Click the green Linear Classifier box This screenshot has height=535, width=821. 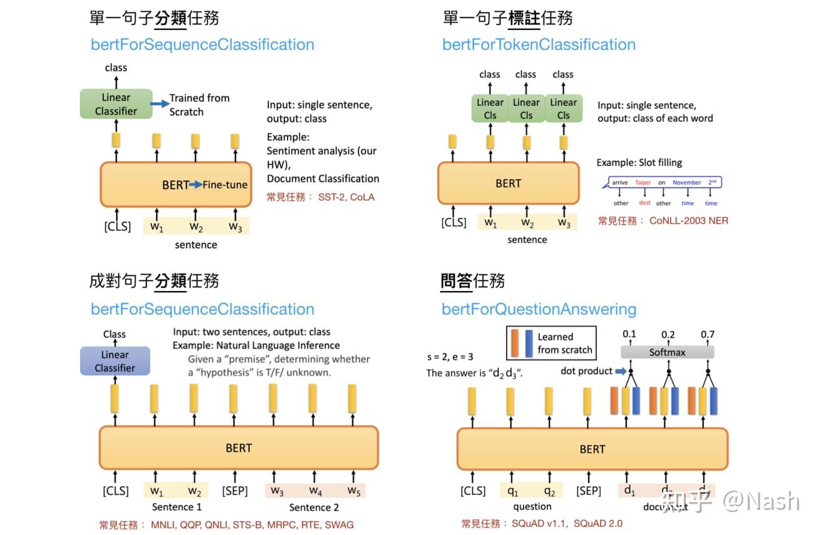[116, 104]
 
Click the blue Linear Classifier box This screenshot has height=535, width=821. [115, 361]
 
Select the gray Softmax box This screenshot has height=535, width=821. [667, 352]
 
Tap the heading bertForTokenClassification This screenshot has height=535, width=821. [539, 44]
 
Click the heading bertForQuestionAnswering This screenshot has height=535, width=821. [539, 309]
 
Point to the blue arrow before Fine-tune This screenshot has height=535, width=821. [195, 185]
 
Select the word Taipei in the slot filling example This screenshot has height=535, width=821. [643, 183]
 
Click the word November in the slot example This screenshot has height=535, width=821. [687, 183]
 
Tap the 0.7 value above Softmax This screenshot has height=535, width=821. [708, 335]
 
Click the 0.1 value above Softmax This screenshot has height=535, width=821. [629, 335]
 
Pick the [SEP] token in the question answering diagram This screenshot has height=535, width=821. [589, 491]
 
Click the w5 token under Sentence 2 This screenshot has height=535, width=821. [354, 491]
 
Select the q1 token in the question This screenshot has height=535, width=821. [513, 491]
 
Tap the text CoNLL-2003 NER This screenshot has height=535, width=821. [688, 220]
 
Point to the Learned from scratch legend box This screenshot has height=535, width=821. [551, 343]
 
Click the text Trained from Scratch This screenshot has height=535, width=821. [199, 104]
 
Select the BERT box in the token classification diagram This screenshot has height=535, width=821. [508, 183]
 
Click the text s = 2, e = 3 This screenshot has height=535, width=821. [450, 357]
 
